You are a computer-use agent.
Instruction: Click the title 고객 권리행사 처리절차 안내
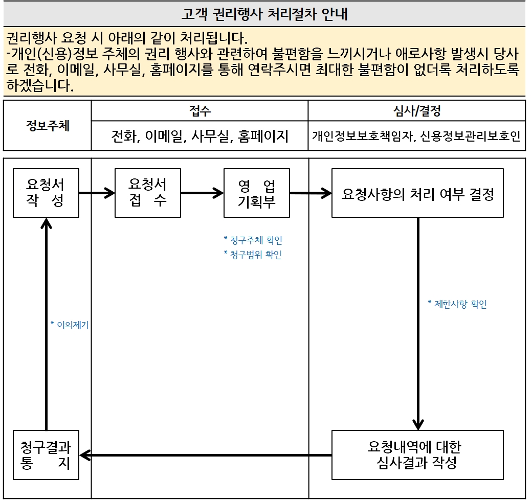[264, 14]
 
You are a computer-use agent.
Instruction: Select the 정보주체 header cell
[48, 126]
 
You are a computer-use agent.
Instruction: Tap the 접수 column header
[199, 111]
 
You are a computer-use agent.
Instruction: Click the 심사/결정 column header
[416, 111]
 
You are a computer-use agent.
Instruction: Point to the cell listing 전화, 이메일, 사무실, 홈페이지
[199, 136]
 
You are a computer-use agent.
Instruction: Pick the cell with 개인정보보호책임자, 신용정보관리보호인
[416, 136]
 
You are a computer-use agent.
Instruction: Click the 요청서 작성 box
[46, 193]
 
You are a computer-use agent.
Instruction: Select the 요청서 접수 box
[148, 193]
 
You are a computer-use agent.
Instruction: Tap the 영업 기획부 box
[256, 193]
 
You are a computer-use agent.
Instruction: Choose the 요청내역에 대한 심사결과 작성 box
[417, 454]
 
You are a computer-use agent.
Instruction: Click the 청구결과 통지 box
[46, 454]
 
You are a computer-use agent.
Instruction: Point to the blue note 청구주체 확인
[253, 240]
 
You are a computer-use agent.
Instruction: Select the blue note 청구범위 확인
[253, 255]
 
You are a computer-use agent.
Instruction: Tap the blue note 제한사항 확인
[457, 304]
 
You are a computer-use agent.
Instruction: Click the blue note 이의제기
[70, 324]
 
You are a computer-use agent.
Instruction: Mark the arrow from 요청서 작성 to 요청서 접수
[97, 193]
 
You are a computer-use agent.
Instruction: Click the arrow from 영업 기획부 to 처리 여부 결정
[311, 193]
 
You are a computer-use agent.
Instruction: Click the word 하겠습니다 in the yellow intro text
[40, 85]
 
